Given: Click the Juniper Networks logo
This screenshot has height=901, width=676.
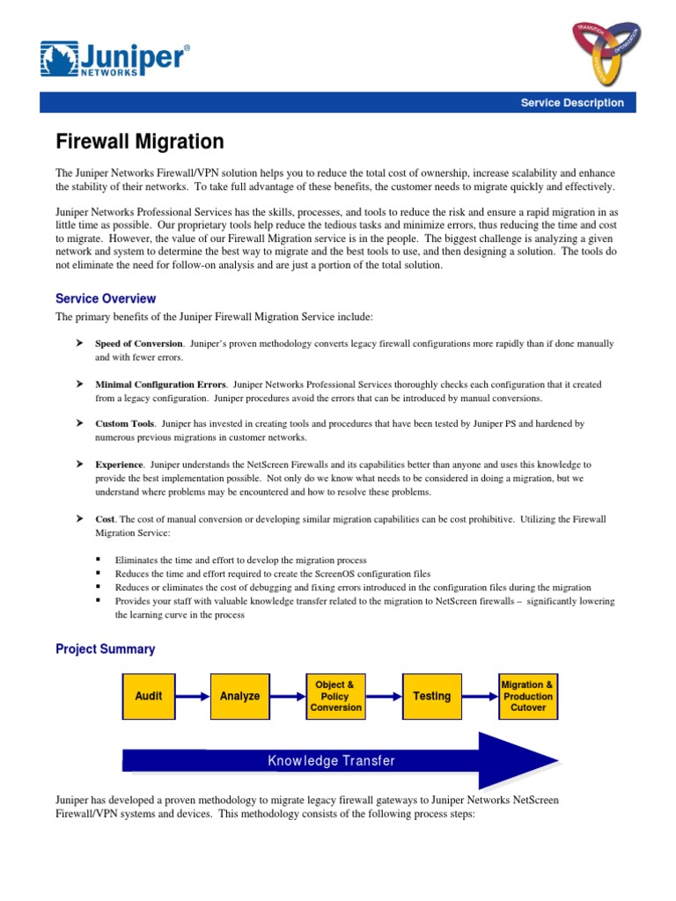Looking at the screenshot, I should coord(114,60).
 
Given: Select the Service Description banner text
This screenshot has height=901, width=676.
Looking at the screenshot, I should coord(572,103).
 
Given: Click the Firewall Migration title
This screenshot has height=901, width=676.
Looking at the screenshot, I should coord(140,142).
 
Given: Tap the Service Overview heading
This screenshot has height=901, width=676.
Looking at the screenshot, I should coord(106,299).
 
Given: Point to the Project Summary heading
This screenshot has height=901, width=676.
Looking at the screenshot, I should coord(105,649).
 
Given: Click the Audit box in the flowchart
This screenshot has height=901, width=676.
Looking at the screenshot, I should coord(149,696).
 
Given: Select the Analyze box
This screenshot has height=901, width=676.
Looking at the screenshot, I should coord(240,696).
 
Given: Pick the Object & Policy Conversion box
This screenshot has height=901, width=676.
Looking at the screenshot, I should coord(336,696).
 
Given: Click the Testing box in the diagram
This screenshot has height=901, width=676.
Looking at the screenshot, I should coord(432,696).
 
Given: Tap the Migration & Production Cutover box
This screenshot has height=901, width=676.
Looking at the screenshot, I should coord(528,696).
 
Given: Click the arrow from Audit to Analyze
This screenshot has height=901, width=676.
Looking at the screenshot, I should coord(194,696).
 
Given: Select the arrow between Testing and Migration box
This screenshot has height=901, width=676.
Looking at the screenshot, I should coord(481,696).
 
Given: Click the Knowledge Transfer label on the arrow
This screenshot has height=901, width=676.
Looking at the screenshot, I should coord(332,760).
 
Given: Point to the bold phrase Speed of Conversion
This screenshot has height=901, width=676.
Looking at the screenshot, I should coord(139,343).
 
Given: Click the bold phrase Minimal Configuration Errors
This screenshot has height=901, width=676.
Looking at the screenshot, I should coord(160,385).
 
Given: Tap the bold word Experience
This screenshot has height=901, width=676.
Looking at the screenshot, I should coord(119,464).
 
